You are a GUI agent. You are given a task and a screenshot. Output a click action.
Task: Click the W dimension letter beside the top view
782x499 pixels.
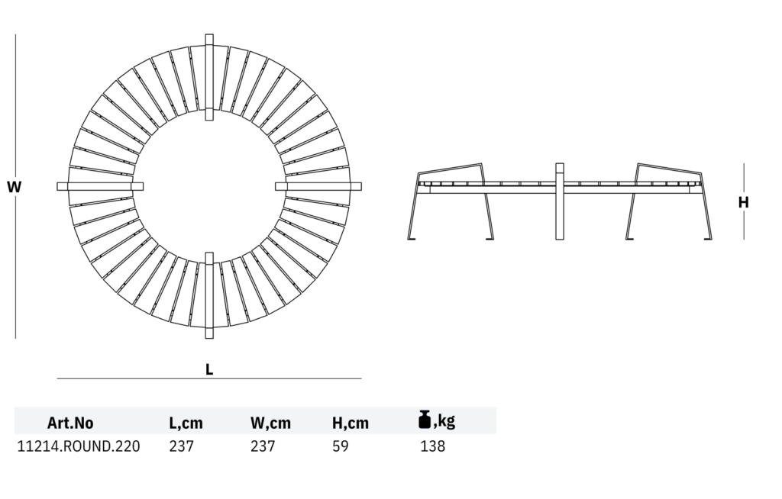pyautogui.click(x=14, y=186)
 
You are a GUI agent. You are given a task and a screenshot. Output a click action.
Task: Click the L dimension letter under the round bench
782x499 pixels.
pyautogui.click(x=209, y=369)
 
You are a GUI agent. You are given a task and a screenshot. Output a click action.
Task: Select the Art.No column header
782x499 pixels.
pyautogui.click(x=70, y=423)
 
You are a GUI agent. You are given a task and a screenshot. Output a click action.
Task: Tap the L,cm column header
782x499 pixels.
pyautogui.click(x=186, y=423)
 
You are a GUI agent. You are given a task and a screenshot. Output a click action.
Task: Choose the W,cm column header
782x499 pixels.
pyautogui.click(x=270, y=423)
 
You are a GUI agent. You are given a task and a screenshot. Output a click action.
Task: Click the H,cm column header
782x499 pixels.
pyautogui.click(x=351, y=423)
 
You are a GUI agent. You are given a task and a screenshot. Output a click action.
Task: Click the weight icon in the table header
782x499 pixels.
pyautogui.click(x=425, y=419)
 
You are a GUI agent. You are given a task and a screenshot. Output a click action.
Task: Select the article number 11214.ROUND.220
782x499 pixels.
pyautogui.click(x=79, y=446)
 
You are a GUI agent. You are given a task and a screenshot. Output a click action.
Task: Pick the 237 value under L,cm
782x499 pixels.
pyautogui.click(x=181, y=446)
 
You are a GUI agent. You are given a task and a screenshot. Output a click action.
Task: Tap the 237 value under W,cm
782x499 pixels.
pyautogui.click(x=263, y=446)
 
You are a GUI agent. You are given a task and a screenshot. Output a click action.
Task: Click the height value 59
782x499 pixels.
pyautogui.click(x=341, y=446)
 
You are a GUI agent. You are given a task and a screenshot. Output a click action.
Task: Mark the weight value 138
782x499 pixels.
pyautogui.click(x=432, y=446)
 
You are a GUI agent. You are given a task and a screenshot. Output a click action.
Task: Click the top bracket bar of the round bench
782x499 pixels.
pyautogui.click(x=209, y=76)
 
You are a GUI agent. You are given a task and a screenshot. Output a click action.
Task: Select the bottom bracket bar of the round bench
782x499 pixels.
pyautogui.click(x=209, y=295)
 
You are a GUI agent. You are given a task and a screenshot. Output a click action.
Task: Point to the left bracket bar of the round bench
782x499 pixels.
pyautogui.click(x=100, y=185)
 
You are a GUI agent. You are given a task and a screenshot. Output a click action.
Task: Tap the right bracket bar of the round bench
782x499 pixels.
pyautogui.click(x=319, y=185)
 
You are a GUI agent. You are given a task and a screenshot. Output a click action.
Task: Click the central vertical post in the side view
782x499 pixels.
pyautogui.click(x=560, y=201)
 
